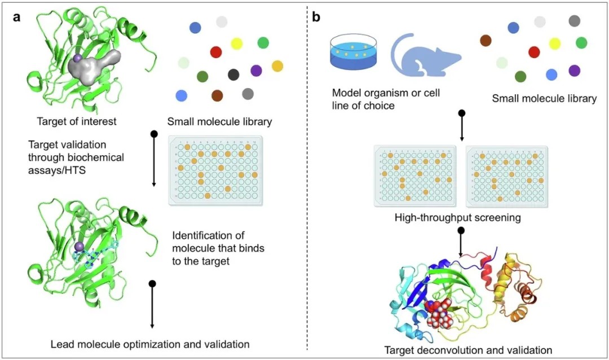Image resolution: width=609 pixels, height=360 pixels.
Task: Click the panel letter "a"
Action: [x=17, y=16]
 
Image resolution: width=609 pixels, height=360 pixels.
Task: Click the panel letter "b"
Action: [x=316, y=17]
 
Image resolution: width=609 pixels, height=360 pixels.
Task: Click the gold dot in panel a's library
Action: [x=277, y=66]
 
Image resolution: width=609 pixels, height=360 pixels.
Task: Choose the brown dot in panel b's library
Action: [x=485, y=40]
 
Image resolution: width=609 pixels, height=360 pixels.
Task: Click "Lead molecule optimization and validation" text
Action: [x=150, y=343]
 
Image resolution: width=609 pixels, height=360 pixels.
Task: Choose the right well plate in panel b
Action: [x=506, y=175]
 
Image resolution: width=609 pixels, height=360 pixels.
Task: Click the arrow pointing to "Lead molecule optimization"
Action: [x=152, y=305]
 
